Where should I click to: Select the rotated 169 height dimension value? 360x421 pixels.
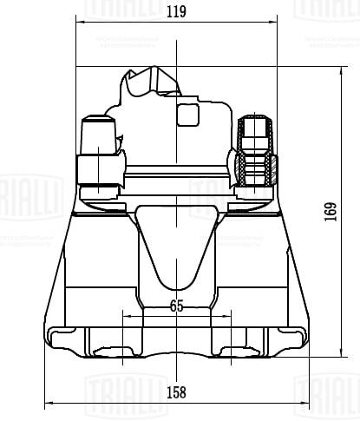[330, 211]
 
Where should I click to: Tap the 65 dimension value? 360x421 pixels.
[177, 306]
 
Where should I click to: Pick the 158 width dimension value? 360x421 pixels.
[176, 392]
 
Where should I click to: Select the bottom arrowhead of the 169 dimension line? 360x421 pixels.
[340, 353]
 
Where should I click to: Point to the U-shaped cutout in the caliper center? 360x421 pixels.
[176, 247]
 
